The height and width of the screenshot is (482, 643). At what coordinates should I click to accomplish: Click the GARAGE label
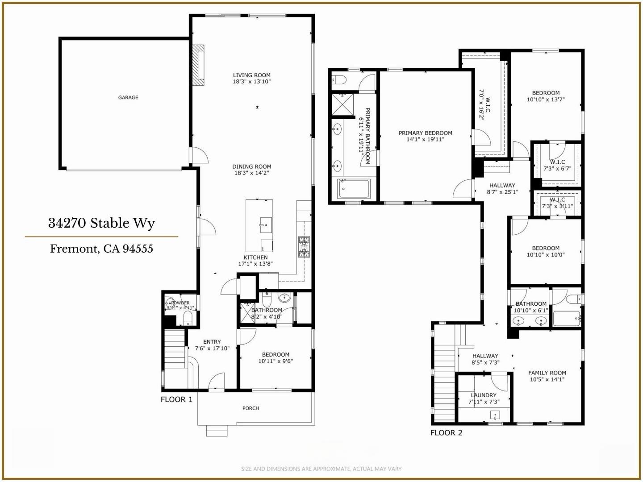(128, 97)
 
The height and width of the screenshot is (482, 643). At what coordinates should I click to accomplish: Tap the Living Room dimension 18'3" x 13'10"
(252, 82)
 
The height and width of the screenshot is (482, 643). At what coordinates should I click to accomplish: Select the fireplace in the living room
(198, 65)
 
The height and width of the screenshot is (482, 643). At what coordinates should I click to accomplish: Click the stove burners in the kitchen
(304, 247)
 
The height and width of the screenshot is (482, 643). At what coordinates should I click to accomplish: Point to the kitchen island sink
(265, 224)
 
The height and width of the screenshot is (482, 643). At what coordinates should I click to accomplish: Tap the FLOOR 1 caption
(176, 399)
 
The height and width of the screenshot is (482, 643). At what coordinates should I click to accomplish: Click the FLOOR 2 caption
(446, 432)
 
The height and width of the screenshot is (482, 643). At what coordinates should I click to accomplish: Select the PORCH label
(251, 408)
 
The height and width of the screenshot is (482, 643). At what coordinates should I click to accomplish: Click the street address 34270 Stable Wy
(101, 223)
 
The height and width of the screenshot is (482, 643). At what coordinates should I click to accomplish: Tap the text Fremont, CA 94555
(101, 249)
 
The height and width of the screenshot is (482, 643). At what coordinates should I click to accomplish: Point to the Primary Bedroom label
(425, 133)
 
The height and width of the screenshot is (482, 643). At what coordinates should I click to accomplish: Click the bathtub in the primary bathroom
(354, 189)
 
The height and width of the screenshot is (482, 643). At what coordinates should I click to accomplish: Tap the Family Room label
(547, 373)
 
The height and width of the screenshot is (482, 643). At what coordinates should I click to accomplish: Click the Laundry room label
(484, 395)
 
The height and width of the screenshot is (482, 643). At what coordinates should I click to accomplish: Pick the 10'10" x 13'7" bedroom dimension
(546, 100)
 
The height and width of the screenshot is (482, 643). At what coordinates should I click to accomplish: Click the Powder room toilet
(188, 318)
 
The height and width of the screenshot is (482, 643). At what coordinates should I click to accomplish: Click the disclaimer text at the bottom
(321, 469)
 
